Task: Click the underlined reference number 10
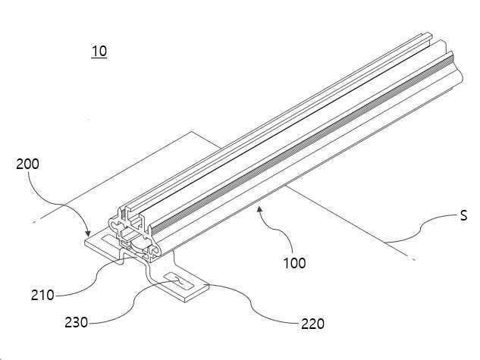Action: coord(99,51)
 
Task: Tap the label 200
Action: coord(27,164)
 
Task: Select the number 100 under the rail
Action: coord(294,263)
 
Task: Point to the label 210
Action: coord(42,296)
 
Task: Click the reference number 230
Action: coord(77,322)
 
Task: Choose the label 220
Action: coord(313,324)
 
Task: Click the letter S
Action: coord(464,216)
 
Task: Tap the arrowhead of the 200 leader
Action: coord(88,233)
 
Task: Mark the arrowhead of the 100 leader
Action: coord(259,209)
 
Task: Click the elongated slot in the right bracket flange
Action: coord(179,282)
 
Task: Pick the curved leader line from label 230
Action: coord(134,302)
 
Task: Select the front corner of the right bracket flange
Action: coord(185,302)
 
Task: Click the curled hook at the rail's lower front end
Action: coord(155,251)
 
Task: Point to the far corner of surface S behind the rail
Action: coord(192,132)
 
